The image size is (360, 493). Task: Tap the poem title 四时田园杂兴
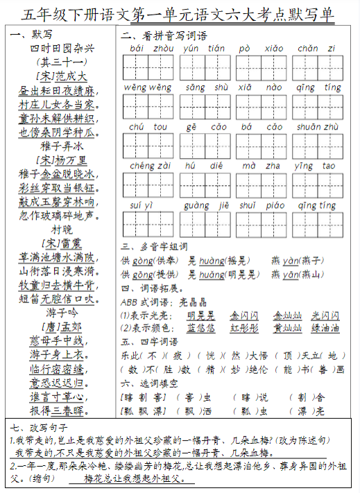pyautogui.click(x=61, y=48)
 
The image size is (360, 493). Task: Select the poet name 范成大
pyautogui.click(x=62, y=75)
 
